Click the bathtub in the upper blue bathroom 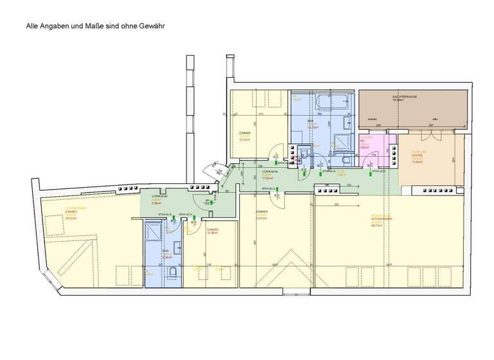click(x=331, y=102)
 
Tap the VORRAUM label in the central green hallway click(x=270, y=173)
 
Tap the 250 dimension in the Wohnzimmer click(x=336, y=204)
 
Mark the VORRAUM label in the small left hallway click(x=159, y=196)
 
